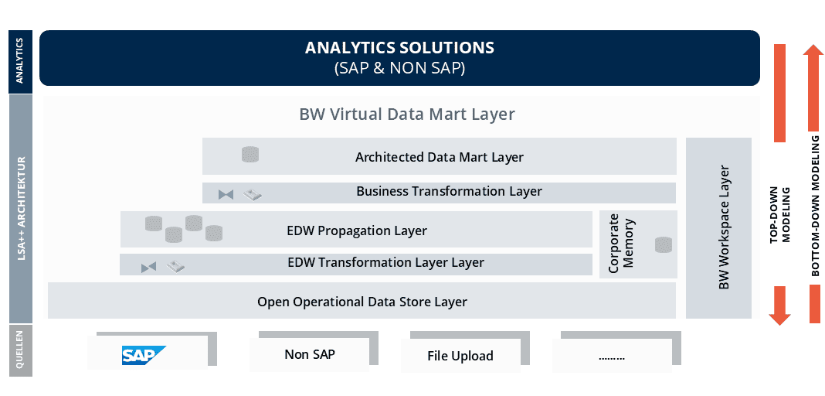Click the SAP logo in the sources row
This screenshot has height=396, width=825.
point(144,356)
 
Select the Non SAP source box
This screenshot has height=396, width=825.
point(309,354)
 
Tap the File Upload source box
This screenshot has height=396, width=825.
point(460,356)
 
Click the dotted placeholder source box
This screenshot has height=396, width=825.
point(612,356)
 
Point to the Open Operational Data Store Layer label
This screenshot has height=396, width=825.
point(362,302)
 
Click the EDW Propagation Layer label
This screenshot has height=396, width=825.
point(357,230)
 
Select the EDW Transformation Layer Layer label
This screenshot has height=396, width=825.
point(385,262)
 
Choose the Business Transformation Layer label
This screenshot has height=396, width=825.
point(449,191)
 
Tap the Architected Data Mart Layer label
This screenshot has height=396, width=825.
point(440,157)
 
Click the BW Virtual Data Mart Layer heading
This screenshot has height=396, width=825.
point(407,114)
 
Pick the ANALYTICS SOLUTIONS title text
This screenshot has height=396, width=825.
point(400,48)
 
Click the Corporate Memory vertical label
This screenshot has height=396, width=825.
point(621,244)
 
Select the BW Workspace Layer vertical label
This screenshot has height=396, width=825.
point(724,227)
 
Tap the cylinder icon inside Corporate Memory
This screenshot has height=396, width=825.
point(664,245)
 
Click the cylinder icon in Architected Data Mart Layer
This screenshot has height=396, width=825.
point(250,154)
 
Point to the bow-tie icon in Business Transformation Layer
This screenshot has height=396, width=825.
point(226,195)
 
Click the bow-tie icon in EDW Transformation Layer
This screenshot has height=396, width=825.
point(149,268)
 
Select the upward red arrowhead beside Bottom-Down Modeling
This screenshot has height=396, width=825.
point(813,53)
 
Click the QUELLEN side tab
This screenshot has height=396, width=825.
point(21,350)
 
